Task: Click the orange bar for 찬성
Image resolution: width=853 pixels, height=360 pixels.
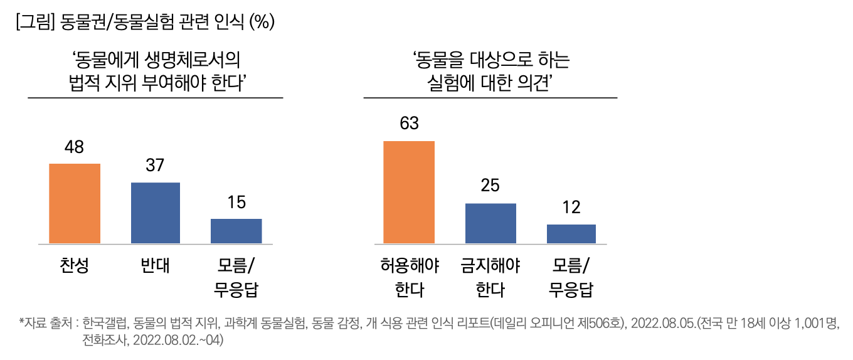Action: click(75, 203)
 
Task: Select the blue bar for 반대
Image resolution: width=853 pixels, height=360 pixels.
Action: click(156, 213)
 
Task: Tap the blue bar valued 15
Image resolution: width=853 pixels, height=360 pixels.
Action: click(236, 231)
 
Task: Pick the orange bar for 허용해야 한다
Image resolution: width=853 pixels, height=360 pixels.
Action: click(409, 192)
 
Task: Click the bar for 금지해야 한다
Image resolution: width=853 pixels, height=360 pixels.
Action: click(490, 223)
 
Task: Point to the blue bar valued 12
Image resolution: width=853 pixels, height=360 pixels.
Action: click(571, 233)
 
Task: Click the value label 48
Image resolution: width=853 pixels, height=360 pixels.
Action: click(74, 147)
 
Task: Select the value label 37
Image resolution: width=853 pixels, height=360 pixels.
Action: click(155, 166)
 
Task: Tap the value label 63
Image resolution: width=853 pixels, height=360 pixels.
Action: click(409, 124)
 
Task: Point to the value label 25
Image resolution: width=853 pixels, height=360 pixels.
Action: click(490, 186)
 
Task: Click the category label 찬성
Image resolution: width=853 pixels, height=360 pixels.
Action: click(74, 266)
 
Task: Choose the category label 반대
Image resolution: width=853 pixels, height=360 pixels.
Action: click(156, 266)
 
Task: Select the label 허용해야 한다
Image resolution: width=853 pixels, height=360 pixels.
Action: click(409, 278)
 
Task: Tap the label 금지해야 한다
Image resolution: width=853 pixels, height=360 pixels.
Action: click(490, 278)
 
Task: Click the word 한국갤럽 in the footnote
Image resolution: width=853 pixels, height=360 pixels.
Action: click(105, 324)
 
